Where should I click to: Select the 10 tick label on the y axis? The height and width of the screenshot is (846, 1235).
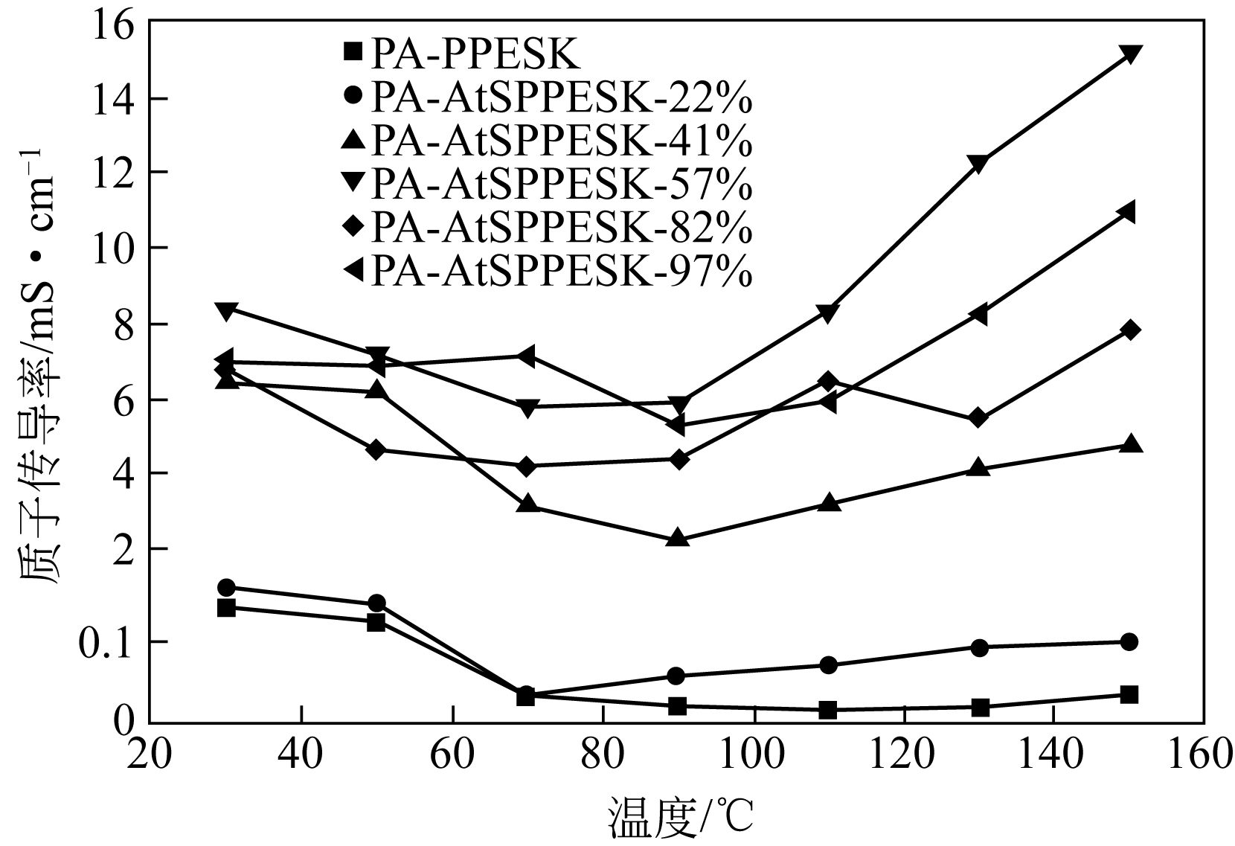click(x=115, y=249)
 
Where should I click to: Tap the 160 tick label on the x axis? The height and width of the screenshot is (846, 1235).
click(x=1203, y=756)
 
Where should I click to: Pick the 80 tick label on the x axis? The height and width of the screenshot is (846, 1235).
click(x=603, y=756)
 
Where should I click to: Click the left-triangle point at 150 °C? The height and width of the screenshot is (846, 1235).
click(x=1128, y=213)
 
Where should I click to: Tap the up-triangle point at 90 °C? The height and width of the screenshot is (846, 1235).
click(x=677, y=537)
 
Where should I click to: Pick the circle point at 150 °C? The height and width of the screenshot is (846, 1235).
click(x=1129, y=641)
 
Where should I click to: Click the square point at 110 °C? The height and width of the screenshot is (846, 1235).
click(x=827, y=710)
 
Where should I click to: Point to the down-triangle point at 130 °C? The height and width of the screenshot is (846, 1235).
click(x=979, y=164)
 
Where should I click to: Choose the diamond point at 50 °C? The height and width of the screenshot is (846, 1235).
click(x=376, y=449)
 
